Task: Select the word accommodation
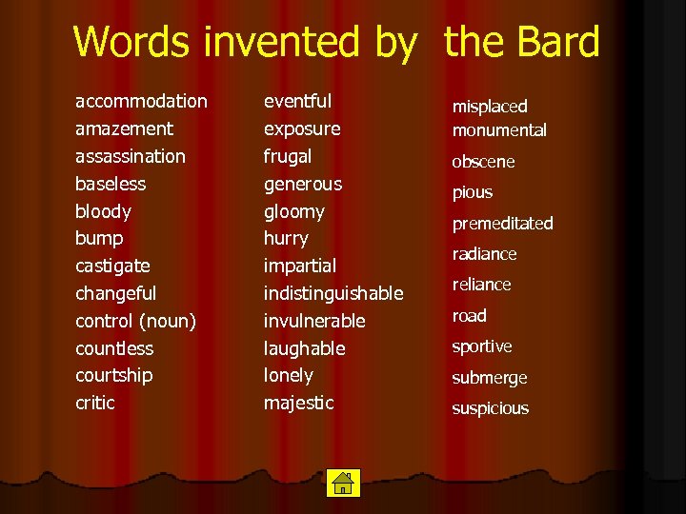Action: [141, 101]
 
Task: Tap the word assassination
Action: [131, 156]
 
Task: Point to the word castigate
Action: [112, 266]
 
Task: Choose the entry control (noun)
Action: [135, 321]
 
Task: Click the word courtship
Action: [113, 375]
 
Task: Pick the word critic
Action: [95, 403]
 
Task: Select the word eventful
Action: [297, 101]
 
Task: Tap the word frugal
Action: [288, 156]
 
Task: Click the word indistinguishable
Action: [333, 293]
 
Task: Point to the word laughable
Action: [304, 348]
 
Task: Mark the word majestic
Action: [298, 403]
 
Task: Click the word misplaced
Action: [490, 107]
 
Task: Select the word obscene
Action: [483, 162]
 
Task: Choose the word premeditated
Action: [502, 224]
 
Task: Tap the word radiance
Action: [484, 254]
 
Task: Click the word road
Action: [469, 316]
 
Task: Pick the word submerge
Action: [489, 378]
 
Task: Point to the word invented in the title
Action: [298, 43]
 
